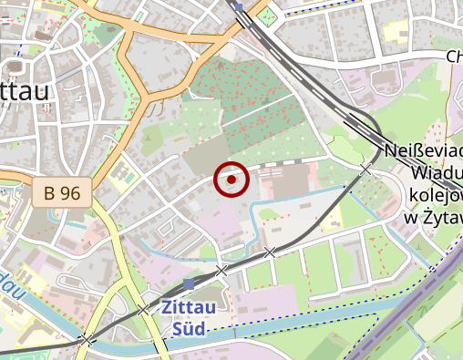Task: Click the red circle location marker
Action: pos(231,180)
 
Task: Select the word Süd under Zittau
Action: pos(188,327)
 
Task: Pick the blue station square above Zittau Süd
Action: pos(189,284)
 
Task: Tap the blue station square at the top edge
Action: pos(239,6)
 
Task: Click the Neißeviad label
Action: pos(425,150)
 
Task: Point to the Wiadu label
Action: pos(437,172)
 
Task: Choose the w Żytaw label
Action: pos(433,216)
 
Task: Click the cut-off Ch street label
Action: pos(454,57)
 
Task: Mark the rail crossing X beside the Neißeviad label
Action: pos(365,170)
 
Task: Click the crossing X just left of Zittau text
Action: pos(143,309)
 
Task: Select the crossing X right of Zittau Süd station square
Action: pos(221,271)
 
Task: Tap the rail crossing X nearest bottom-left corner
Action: pos(86,340)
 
